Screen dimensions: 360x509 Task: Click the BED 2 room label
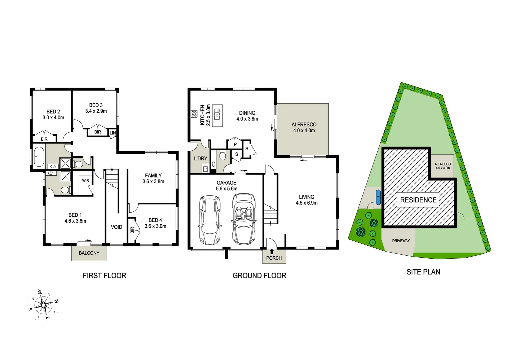53,112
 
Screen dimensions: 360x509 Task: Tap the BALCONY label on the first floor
89,253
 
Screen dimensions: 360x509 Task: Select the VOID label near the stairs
117,227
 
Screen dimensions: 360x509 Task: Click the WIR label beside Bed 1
86,181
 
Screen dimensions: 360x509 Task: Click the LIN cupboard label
113,133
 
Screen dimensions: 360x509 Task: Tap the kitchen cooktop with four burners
194,114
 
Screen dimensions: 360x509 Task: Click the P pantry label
235,144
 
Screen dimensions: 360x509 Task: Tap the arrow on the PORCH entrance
272,251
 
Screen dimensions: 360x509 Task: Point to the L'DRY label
201,159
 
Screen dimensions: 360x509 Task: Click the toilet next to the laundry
223,156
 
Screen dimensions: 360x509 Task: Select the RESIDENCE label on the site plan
418,200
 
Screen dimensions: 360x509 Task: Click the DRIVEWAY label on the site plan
401,241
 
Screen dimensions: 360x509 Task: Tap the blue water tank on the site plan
378,196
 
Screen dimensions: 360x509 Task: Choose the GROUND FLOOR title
259,276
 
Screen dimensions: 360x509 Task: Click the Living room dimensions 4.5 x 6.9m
306,203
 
